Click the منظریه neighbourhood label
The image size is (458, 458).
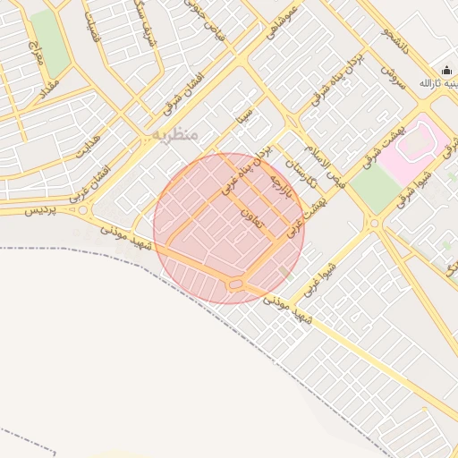click(x=174, y=135)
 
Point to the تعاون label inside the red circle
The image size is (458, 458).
click(x=251, y=217)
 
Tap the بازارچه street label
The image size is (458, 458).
click(x=282, y=191)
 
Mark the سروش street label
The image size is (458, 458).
click(x=393, y=75)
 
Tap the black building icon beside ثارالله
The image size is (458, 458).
click(x=446, y=72)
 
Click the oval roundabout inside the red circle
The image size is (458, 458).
click(x=236, y=284)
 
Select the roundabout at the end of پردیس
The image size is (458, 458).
click(x=83, y=210)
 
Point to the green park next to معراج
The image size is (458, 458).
click(x=49, y=45)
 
